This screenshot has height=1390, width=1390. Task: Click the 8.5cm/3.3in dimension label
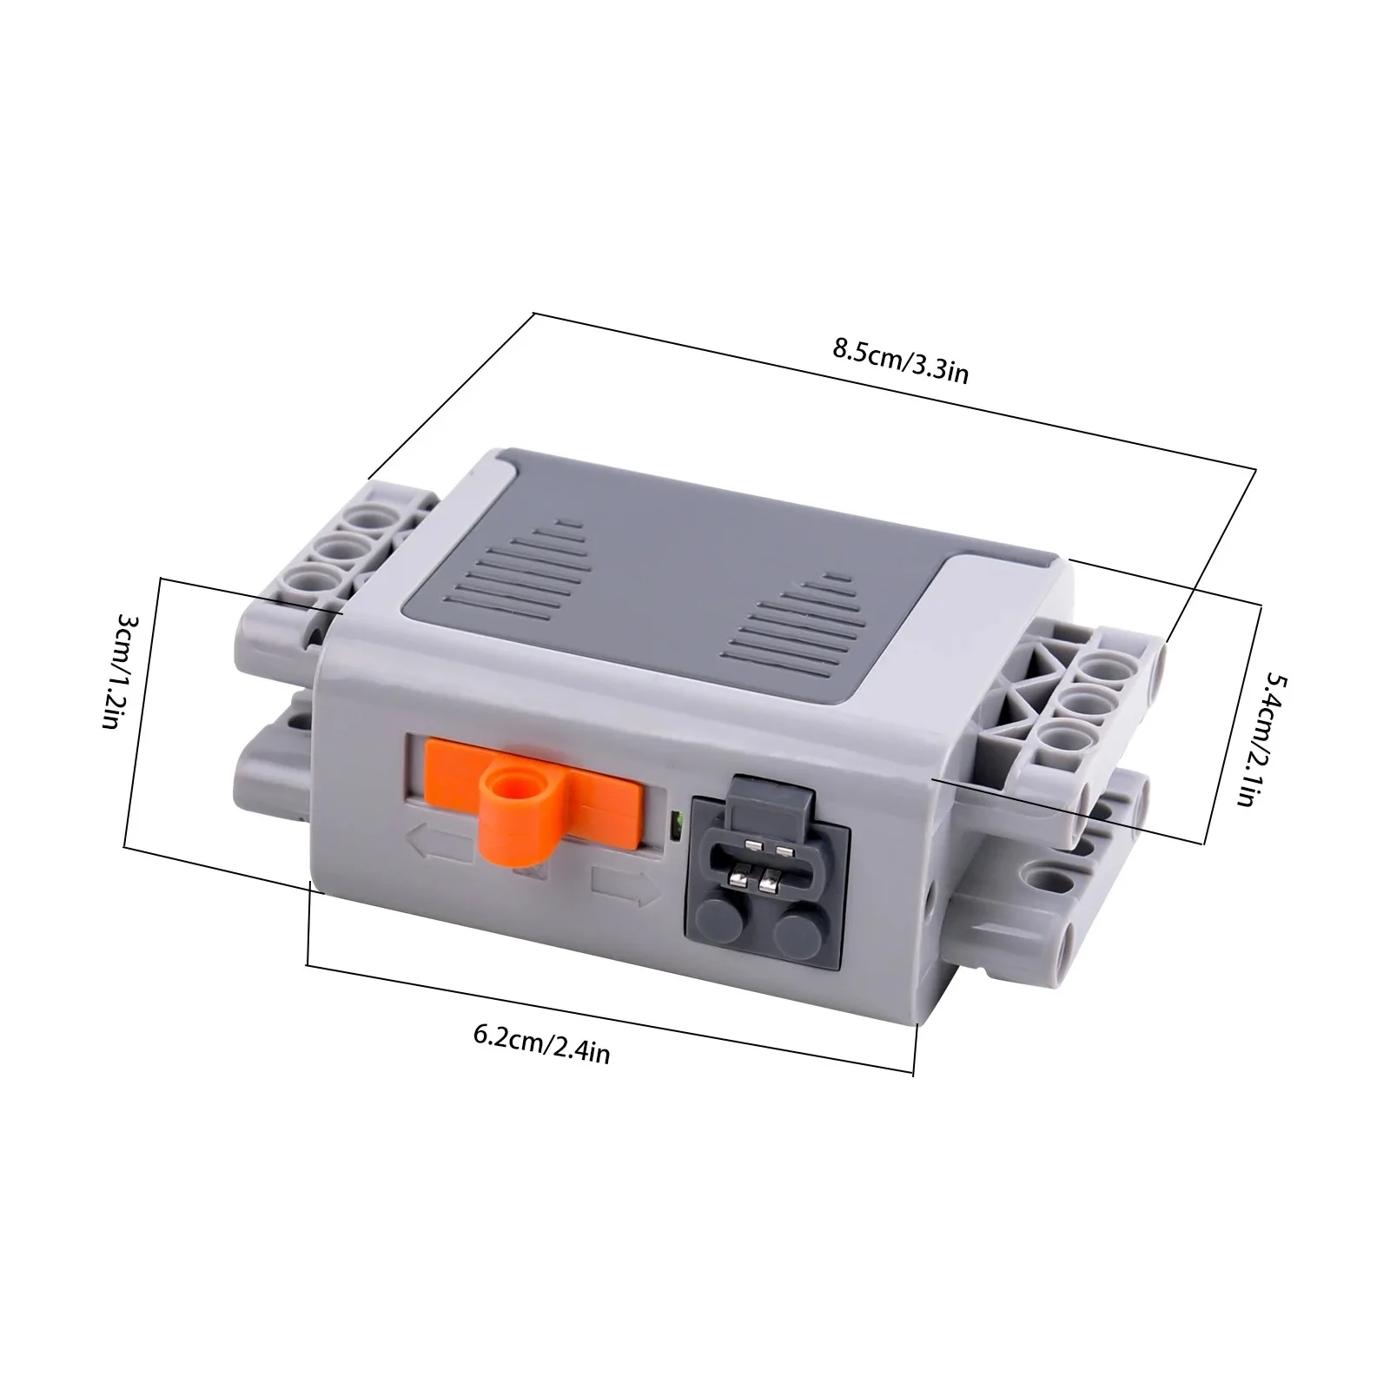coord(901,361)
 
